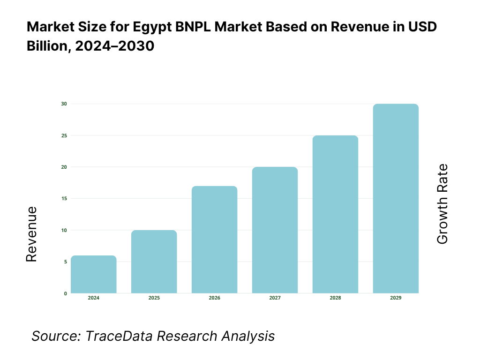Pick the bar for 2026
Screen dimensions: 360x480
coord(215,240)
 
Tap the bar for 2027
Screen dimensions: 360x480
coord(275,230)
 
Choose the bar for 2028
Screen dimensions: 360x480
coord(336,214)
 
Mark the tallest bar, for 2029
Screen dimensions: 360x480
coord(396,198)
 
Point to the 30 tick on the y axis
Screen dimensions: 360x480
coord(65,104)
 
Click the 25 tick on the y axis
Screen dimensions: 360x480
coord(65,135)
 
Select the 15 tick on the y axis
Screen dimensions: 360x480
coord(65,199)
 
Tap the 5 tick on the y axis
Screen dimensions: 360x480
coord(66,262)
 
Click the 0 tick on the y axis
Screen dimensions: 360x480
coord(66,294)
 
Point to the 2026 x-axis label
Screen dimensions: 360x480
coord(215,298)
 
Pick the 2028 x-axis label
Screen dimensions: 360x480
coord(336,298)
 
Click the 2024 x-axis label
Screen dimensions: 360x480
coord(94,298)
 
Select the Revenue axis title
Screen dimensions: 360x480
coord(31,234)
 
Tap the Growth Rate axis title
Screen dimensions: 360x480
coord(442,204)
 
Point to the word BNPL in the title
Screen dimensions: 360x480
coord(195,27)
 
